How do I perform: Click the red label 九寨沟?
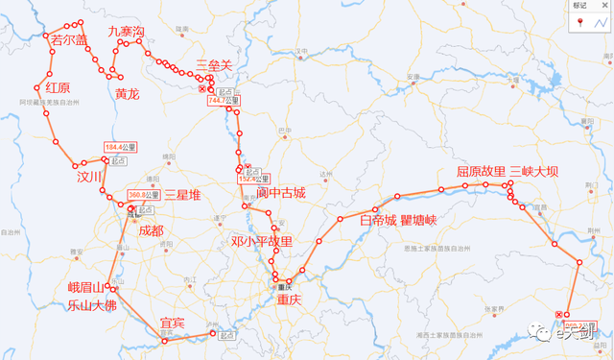tap(126, 32)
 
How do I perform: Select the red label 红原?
tap(58, 87)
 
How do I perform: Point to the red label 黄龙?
tap(127, 94)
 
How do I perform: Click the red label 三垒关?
tap(213, 64)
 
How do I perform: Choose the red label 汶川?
tap(89, 177)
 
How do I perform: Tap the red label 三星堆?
tap(183, 195)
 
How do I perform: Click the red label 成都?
tap(152, 230)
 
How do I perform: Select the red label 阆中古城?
tap(280, 193)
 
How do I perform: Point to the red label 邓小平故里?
tap(262, 241)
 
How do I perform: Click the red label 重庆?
tap(288, 300)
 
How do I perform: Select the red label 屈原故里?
tap(481, 172)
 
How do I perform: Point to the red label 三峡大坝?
tap(534, 172)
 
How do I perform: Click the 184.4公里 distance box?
tap(121, 147)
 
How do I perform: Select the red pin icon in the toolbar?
tap(580, 22)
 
